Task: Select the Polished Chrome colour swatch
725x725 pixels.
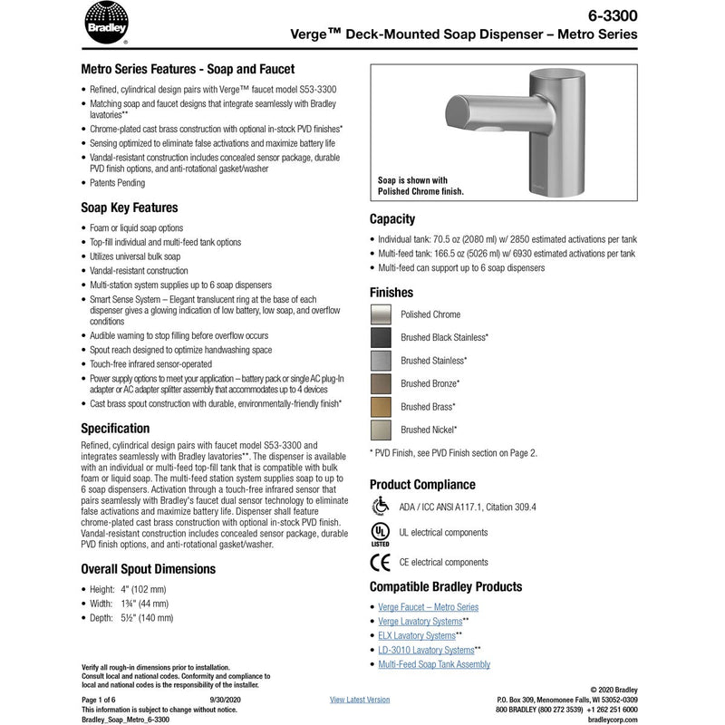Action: (x=382, y=314)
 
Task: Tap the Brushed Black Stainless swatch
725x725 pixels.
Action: (x=382, y=337)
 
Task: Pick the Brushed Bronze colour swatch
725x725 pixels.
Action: (x=382, y=383)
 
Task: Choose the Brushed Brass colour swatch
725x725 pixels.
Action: (x=382, y=407)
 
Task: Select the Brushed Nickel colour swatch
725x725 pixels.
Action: (x=382, y=430)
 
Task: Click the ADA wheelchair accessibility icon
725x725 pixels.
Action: (x=381, y=506)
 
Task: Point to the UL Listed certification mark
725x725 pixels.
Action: (x=382, y=533)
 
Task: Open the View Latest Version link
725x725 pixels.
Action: (x=360, y=700)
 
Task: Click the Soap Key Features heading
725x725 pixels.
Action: (x=130, y=208)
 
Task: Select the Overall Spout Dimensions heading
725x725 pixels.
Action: (x=149, y=569)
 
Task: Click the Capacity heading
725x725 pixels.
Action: (x=392, y=219)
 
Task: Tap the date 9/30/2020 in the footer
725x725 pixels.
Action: (x=226, y=700)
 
